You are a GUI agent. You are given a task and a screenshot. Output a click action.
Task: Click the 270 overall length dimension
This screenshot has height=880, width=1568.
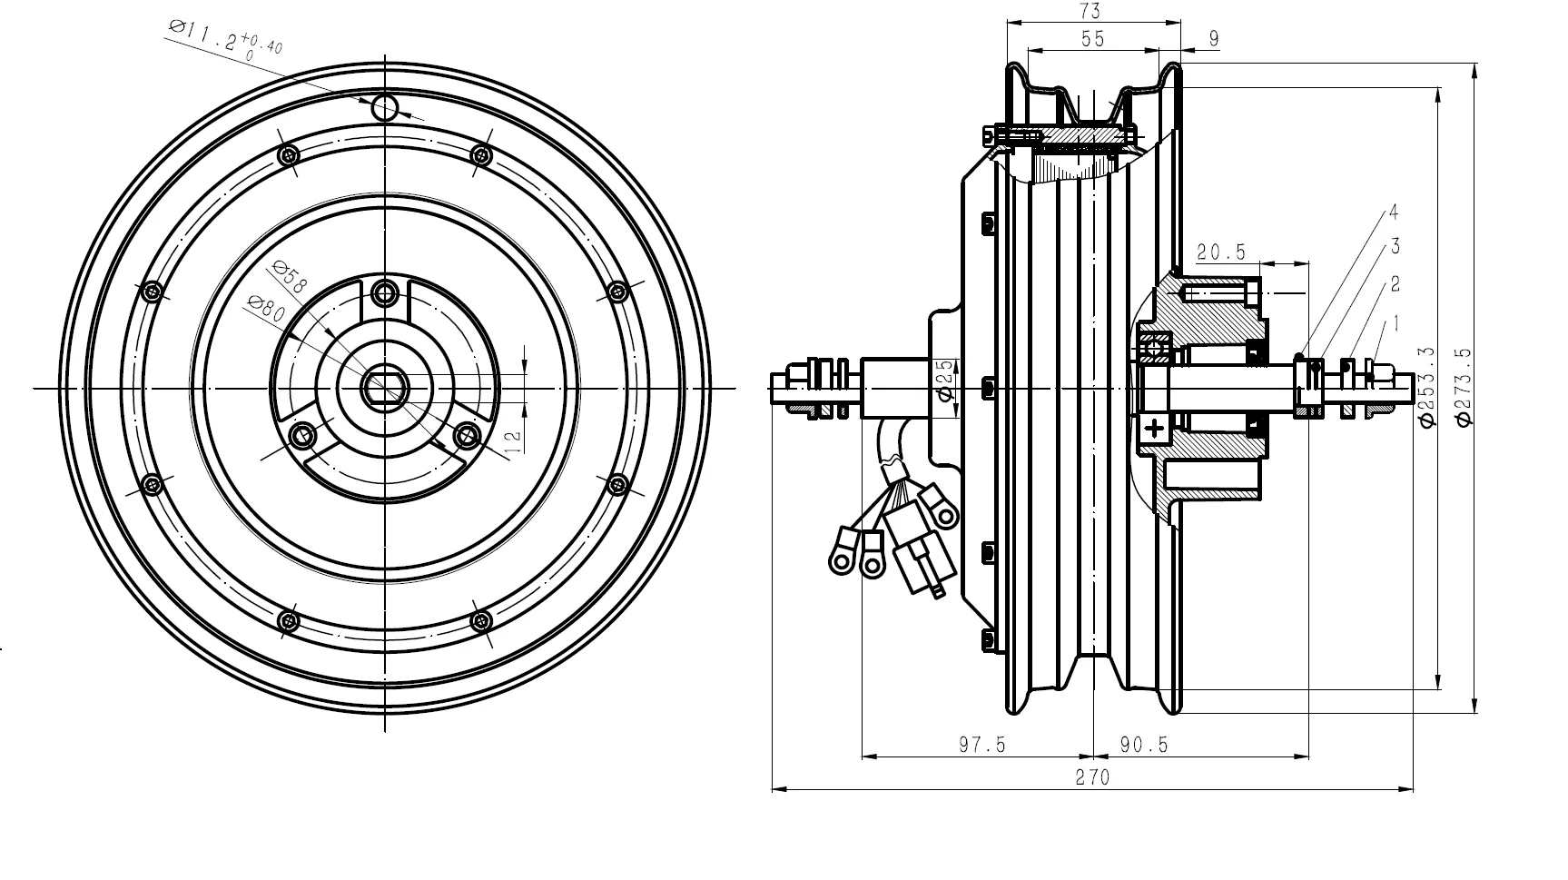tap(1092, 777)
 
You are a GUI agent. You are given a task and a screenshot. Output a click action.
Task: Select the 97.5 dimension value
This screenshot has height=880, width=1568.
tap(982, 745)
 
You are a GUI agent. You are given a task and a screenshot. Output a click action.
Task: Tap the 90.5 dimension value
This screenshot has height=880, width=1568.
tap(1143, 745)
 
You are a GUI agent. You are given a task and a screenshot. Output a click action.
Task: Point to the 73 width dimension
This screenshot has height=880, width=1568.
tap(1090, 11)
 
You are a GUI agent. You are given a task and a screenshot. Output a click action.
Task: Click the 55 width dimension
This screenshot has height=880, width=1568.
tap(1092, 38)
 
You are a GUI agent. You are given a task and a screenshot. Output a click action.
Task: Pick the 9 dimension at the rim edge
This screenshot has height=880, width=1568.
tap(1214, 38)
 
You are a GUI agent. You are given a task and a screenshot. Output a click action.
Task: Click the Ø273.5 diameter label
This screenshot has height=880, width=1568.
tap(1464, 386)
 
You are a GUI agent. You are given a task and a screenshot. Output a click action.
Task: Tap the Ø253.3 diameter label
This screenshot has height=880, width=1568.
tap(1425, 386)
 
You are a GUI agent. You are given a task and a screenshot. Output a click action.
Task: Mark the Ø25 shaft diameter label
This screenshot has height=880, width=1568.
tap(944, 380)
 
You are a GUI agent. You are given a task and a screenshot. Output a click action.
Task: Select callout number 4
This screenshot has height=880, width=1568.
tap(1393, 213)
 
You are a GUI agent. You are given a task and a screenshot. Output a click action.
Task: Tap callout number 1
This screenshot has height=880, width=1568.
tap(1395, 322)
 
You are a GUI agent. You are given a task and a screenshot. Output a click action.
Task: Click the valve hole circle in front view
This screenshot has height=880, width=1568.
tap(385, 107)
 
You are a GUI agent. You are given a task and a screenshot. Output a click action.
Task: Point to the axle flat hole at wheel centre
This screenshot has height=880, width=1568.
tap(385, 389)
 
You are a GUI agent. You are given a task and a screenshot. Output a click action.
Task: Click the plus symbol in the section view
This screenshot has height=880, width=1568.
tap(1155, 428)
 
